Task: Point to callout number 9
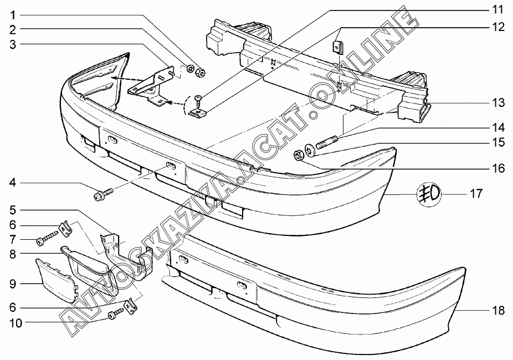(x=13, y=284)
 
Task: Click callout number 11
(x=498, y=10)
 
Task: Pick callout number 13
(x=498, y=102)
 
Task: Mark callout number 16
(x=498, y=168)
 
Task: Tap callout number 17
(x=476, y=194)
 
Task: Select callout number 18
(x=498, y=311)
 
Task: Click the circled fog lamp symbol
(x=428, y=193)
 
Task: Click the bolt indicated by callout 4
(x=104, y=193)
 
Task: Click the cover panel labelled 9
(x=55, y=280)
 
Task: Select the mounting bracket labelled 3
(x=152, y=86)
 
